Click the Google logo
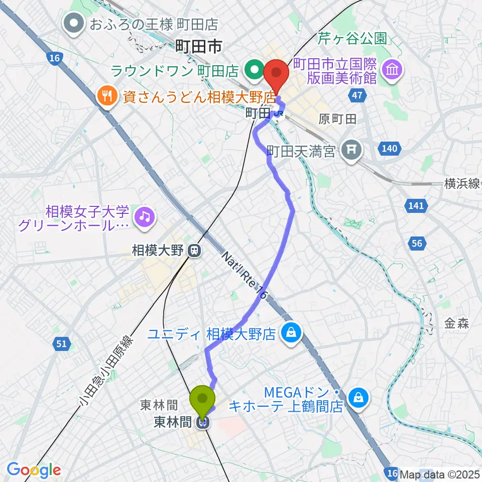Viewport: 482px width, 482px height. point(34,470)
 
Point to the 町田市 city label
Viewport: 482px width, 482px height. point(199,48)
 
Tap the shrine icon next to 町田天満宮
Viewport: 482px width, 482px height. point(350,150)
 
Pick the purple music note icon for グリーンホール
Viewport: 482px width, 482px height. point(145,217)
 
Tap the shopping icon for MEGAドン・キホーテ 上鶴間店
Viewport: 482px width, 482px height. point(359,398)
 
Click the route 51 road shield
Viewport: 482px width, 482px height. point(61,344)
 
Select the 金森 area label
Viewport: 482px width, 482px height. point(456,324)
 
